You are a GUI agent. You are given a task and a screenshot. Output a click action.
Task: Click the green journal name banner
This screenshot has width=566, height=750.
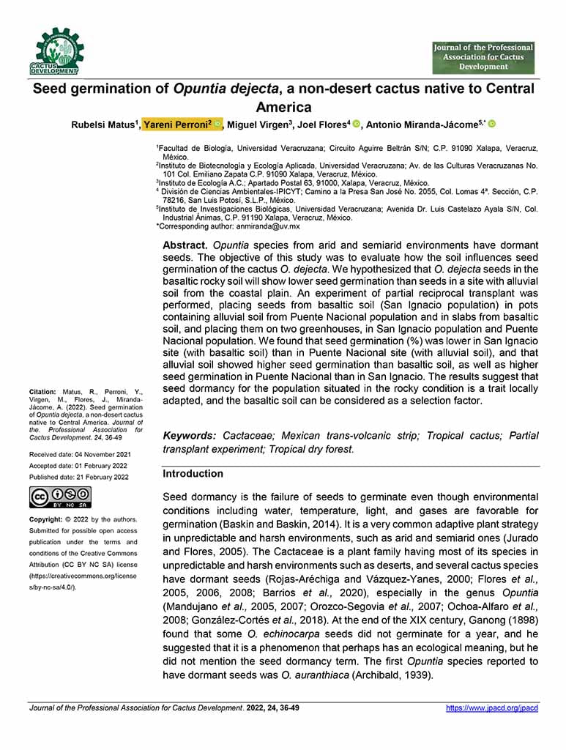click(x=483, y=57)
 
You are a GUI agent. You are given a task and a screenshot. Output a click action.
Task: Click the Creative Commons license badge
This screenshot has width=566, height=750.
click(x=60, y=497)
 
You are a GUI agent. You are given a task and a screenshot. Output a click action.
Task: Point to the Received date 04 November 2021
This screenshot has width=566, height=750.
click(x=79, y=455)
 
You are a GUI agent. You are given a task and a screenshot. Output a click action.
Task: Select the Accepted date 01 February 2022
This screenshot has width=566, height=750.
click(x=79, y=466)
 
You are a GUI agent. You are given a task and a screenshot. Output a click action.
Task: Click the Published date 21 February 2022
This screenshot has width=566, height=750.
click(x=79, y=477)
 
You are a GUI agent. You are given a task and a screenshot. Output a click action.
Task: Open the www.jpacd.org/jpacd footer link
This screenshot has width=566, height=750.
click(x=492, y=708)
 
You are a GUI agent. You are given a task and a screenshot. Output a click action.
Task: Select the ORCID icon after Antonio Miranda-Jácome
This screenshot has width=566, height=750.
click(x=492, y=125)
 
